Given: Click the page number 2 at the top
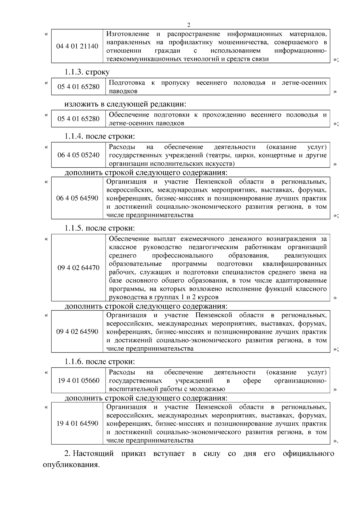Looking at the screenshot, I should pos(188,25).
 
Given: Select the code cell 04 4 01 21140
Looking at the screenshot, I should pos(77,46).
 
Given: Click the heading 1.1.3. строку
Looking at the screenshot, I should pos(87,72).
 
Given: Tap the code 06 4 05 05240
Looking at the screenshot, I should pos(79,155).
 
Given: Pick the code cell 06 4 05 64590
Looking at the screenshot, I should pos(77,198).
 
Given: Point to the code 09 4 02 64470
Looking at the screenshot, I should pos(79,268).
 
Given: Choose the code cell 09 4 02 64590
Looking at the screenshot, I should pos(77,332).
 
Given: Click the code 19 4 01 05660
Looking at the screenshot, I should pos(79,381).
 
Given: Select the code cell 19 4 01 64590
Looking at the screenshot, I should pos(77,424).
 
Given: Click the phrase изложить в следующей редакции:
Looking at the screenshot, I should pos(125,104).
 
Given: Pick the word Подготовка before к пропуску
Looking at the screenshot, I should pos(127,83).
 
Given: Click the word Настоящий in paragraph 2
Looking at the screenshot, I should pos(93,454).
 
